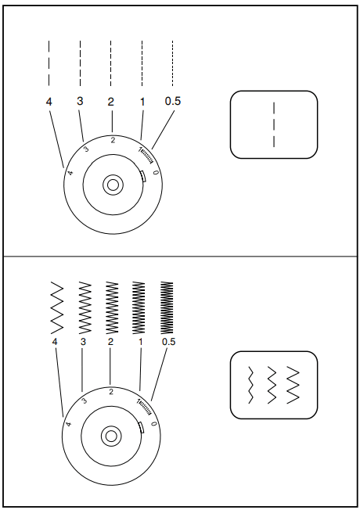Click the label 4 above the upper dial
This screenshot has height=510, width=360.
49,102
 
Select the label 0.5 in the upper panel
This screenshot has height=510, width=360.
173,102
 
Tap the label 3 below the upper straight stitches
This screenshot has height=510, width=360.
80,102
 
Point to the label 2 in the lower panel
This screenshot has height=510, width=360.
110,342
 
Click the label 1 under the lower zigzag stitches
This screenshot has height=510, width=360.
140,342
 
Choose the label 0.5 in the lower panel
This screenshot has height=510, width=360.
168,342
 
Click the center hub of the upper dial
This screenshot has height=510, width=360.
113,185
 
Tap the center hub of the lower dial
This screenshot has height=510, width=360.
111,435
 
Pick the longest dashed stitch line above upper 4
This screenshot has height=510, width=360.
49,62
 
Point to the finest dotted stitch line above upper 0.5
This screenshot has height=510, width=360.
173,62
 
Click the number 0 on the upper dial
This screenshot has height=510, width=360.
157,172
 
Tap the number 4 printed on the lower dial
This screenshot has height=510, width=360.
68,424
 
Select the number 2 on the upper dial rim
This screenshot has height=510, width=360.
113,140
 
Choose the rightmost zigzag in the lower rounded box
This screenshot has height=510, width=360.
293,384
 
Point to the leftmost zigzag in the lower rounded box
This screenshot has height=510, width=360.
250,384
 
